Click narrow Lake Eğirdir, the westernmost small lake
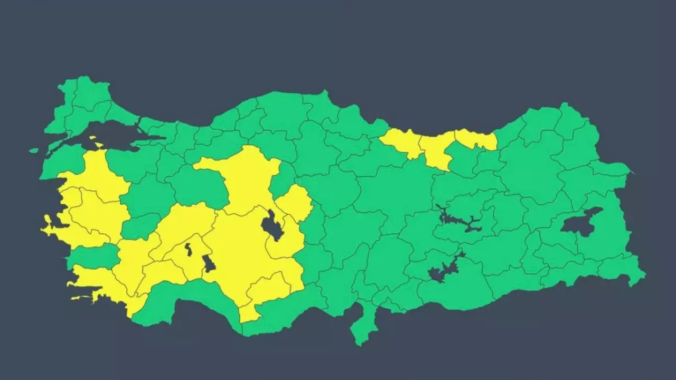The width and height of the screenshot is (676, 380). click(189, 250)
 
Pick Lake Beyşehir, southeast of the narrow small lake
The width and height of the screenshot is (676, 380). click(209, 263)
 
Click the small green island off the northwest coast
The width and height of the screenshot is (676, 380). click(34, 150)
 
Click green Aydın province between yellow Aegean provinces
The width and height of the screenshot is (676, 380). click(92, 256)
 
